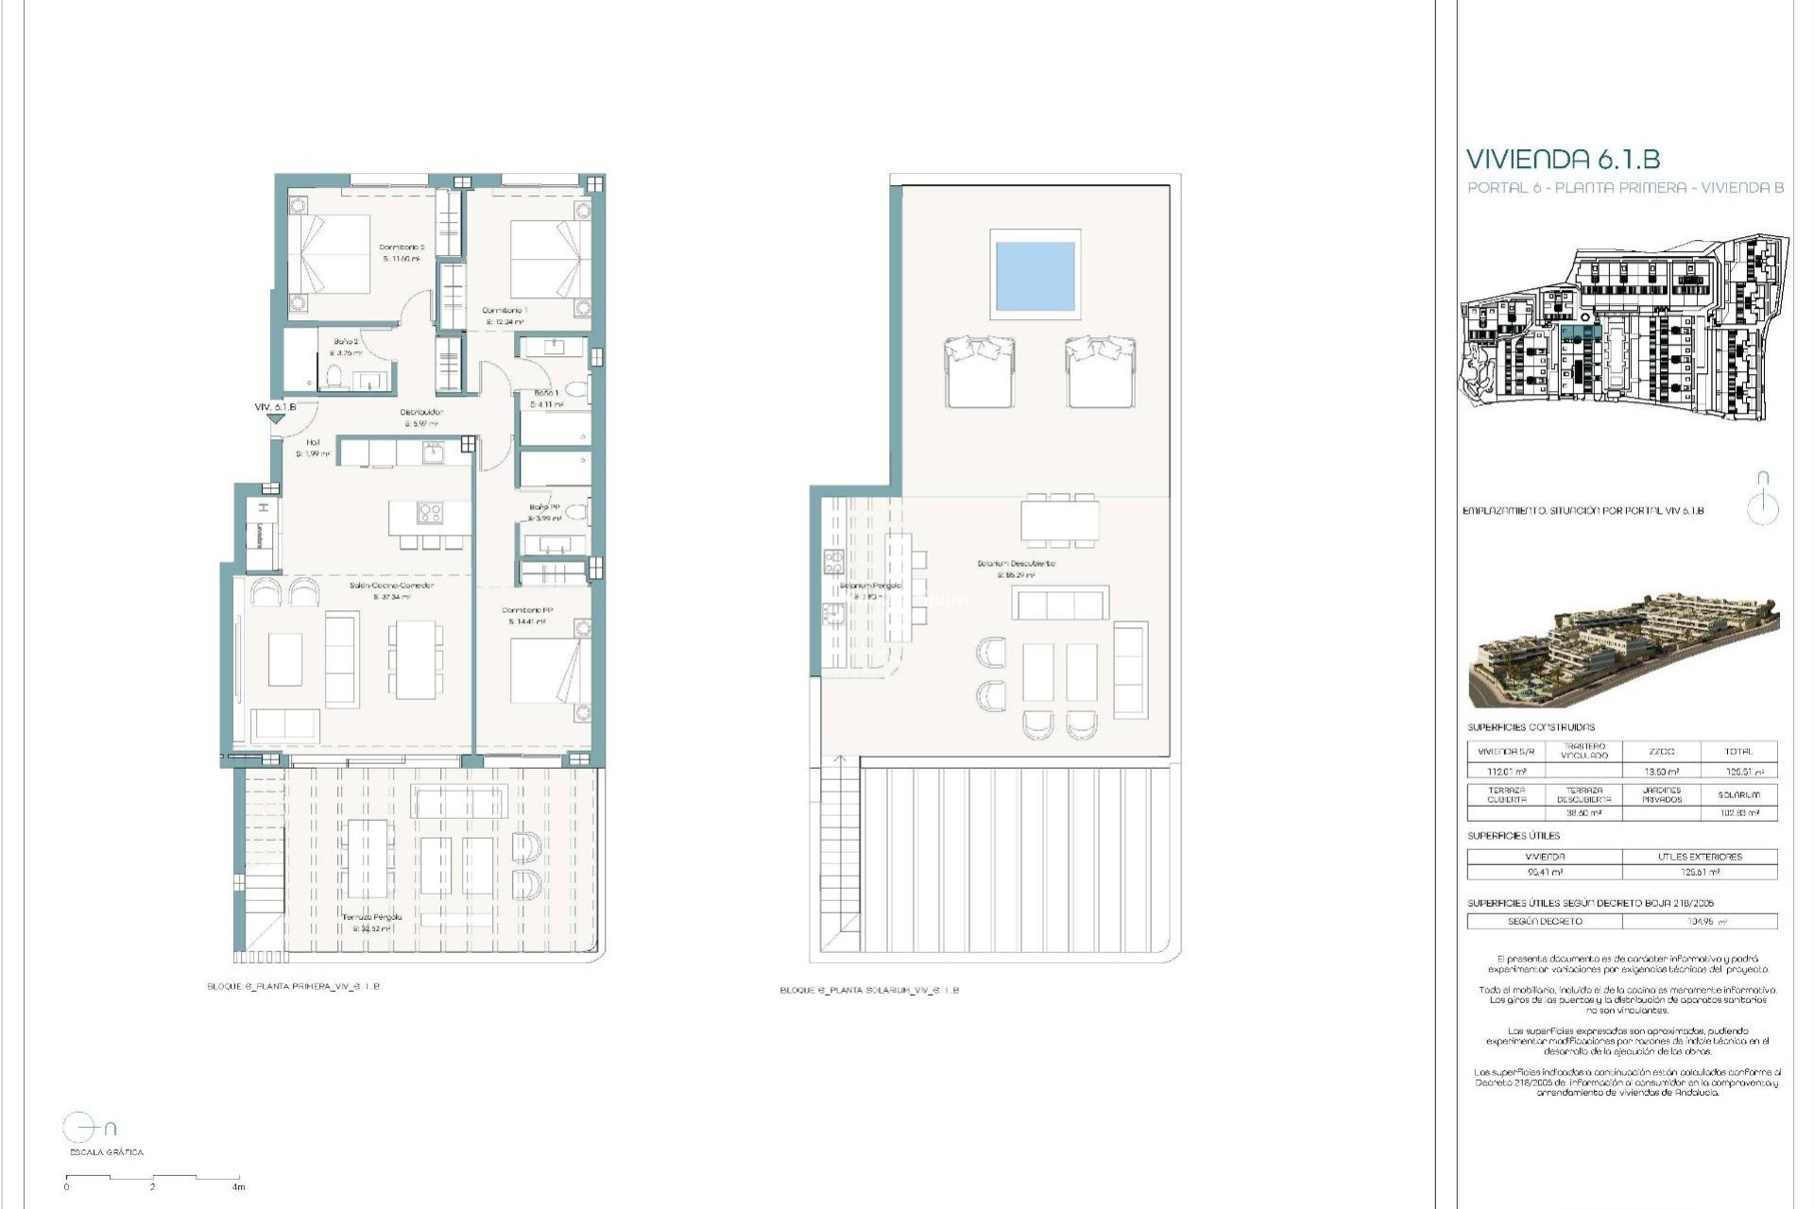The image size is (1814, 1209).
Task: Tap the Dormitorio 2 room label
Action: [x=402, y=247]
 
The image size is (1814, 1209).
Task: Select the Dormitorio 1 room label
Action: [x=505, y=311]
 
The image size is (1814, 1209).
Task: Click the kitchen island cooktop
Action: [x=431, y=513]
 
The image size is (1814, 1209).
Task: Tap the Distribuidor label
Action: [x=421, y=412]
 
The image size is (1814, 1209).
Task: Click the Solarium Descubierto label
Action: [x=1016, y=564]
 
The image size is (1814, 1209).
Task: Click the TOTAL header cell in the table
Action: [x=1737, y=752]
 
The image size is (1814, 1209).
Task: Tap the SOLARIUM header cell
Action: [x=1738, y=795]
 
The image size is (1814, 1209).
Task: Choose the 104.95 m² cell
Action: [x=1700, y=921]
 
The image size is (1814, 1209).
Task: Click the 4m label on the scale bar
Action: [x=239, y=1186]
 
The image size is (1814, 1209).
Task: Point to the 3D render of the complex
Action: [x=1623, y=651]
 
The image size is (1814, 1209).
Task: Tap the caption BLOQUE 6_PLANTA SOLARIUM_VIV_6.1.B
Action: [x=868, y=991]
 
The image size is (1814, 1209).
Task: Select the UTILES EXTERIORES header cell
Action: [x=1700, y=857]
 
